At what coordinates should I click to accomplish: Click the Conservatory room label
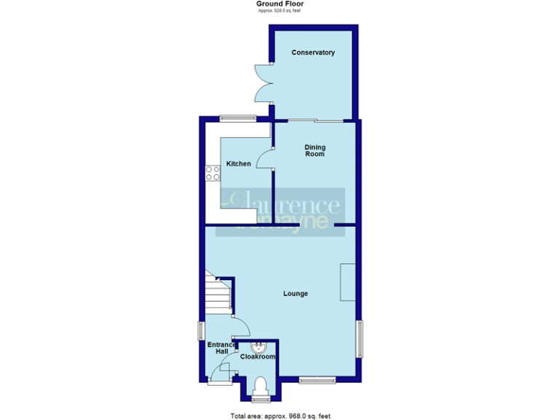[x=313, y=52]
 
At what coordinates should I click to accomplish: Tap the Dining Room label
[x=314, y=151]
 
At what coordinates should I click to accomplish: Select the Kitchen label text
[x=238, y=164]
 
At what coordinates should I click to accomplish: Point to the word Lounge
[x=295, y=294]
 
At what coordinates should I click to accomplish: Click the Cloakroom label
[x=258, y=357]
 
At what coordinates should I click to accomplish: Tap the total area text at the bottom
[x=280, y=416]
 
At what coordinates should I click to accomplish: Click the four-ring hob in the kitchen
[x=213, y=173]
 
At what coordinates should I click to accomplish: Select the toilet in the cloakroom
[x=259, y=386]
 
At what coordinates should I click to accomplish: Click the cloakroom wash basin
[x=258, y=346]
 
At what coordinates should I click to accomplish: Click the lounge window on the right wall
[x=359, y=338]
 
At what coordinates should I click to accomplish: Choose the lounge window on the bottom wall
[x=316, y=378]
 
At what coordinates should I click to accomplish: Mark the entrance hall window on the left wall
[x=201, y=330]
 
